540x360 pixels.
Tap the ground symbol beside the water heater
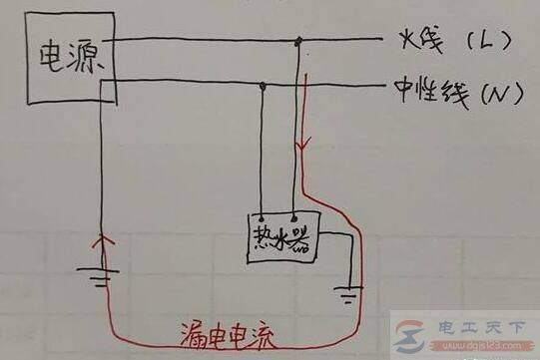point(350,292)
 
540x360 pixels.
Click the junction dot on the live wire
point(297,43)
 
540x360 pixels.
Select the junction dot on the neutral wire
point(263,87)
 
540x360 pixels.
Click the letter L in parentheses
point(494,43)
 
